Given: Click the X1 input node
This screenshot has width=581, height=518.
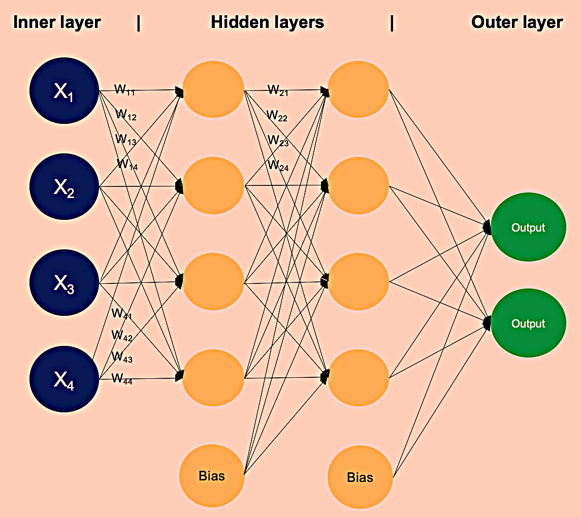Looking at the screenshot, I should coord(64,92).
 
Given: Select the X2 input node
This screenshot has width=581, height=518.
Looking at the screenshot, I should coord(64,188).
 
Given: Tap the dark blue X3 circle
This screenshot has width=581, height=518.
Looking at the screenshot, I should coord(64,283).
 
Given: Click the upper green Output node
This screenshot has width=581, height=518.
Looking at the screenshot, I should coord(528,228).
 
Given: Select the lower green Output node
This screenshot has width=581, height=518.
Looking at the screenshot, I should coord(528,323).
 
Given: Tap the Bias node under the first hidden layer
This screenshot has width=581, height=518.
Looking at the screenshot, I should coord(212,476).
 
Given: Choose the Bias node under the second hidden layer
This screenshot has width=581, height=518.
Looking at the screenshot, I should coord(360,477).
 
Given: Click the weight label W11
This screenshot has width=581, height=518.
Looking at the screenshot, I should coord(124,90).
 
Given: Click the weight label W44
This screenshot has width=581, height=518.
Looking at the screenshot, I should coord(122,378).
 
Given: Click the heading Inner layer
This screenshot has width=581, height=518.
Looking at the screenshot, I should coord(57,23).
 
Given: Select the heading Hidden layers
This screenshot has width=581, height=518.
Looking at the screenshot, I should coord(267,23).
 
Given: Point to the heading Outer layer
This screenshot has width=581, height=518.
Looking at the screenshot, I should coord(517,23).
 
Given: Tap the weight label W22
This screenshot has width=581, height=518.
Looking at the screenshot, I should coord(277,116).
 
